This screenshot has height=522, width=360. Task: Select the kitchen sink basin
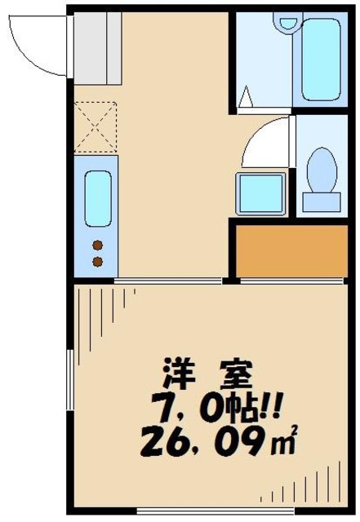(x=97, y=199)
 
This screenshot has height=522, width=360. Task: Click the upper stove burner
(x=98, y=245)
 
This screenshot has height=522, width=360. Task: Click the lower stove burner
(x=98, y=261)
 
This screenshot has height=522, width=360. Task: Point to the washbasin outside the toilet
(x=260, y=193)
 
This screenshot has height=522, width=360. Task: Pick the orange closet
(x=291, y=253)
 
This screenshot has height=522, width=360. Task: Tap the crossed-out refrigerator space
(x=95, y=126)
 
